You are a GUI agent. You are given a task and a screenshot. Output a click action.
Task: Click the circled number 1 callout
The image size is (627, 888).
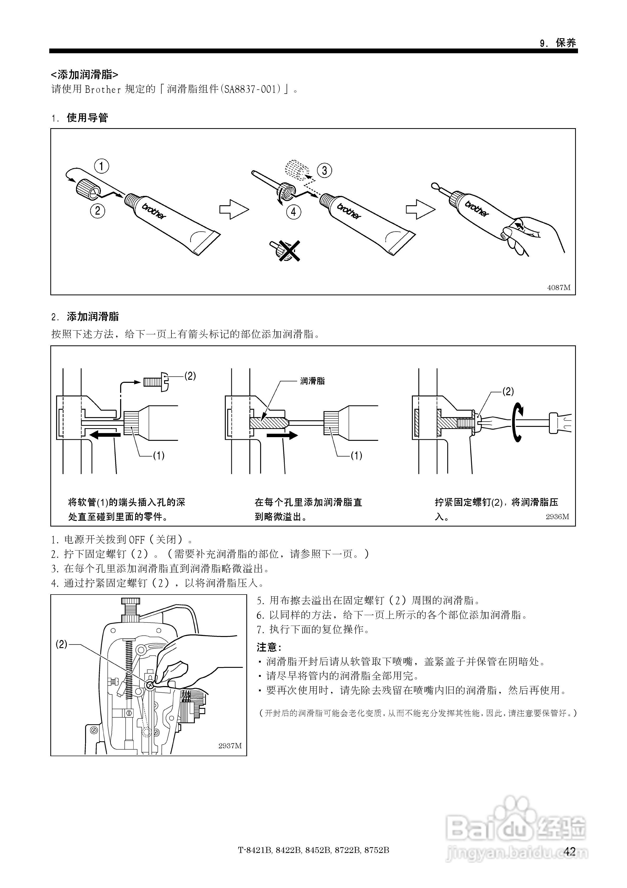[x=102, y=166]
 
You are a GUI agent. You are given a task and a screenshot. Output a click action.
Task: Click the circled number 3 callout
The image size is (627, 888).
[x=324, y=170]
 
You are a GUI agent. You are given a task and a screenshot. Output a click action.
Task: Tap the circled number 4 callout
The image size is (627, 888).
[x=293, y=212]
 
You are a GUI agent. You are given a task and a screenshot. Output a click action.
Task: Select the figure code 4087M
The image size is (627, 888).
[x=559, y=287]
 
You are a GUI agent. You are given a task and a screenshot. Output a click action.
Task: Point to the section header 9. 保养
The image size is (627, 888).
[x=557, y=43]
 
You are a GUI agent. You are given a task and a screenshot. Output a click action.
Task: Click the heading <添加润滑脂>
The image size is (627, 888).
[x=85, y=74]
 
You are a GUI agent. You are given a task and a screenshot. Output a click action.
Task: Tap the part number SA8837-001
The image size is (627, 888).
[x=251, y=89]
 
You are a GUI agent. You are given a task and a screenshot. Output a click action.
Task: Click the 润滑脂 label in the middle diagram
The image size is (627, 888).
[x=312, y=381]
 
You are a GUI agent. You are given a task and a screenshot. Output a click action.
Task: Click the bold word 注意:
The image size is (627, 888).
[x=269, y=647]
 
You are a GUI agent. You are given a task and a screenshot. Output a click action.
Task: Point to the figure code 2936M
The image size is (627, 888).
[x=557, y=517]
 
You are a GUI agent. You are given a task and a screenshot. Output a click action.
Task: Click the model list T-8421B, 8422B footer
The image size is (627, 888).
[x=313, y=850]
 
